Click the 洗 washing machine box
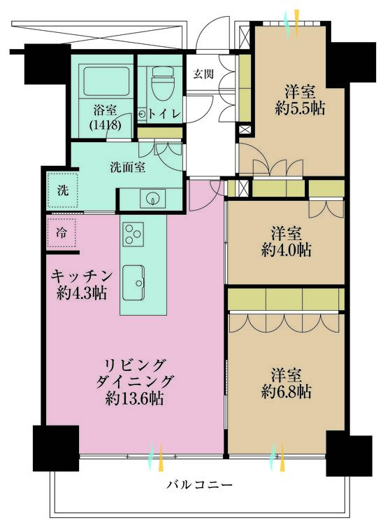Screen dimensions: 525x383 click(62, 190)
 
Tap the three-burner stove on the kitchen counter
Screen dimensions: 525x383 click(133, 234)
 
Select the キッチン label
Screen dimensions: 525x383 click(82, 274)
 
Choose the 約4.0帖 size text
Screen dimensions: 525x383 click(287, 249)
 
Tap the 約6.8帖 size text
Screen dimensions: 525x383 click(287, 392)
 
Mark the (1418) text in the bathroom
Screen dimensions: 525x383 click(106, 125)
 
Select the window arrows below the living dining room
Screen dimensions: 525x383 click(157, 457)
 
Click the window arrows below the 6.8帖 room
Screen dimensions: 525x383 click(277, 457)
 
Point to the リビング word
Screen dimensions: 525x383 click(135, 365)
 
